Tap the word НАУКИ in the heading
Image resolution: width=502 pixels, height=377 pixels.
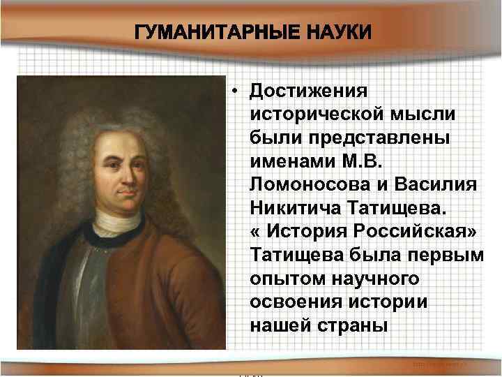pos(333,33)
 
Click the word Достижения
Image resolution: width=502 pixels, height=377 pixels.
pos(310,91)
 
